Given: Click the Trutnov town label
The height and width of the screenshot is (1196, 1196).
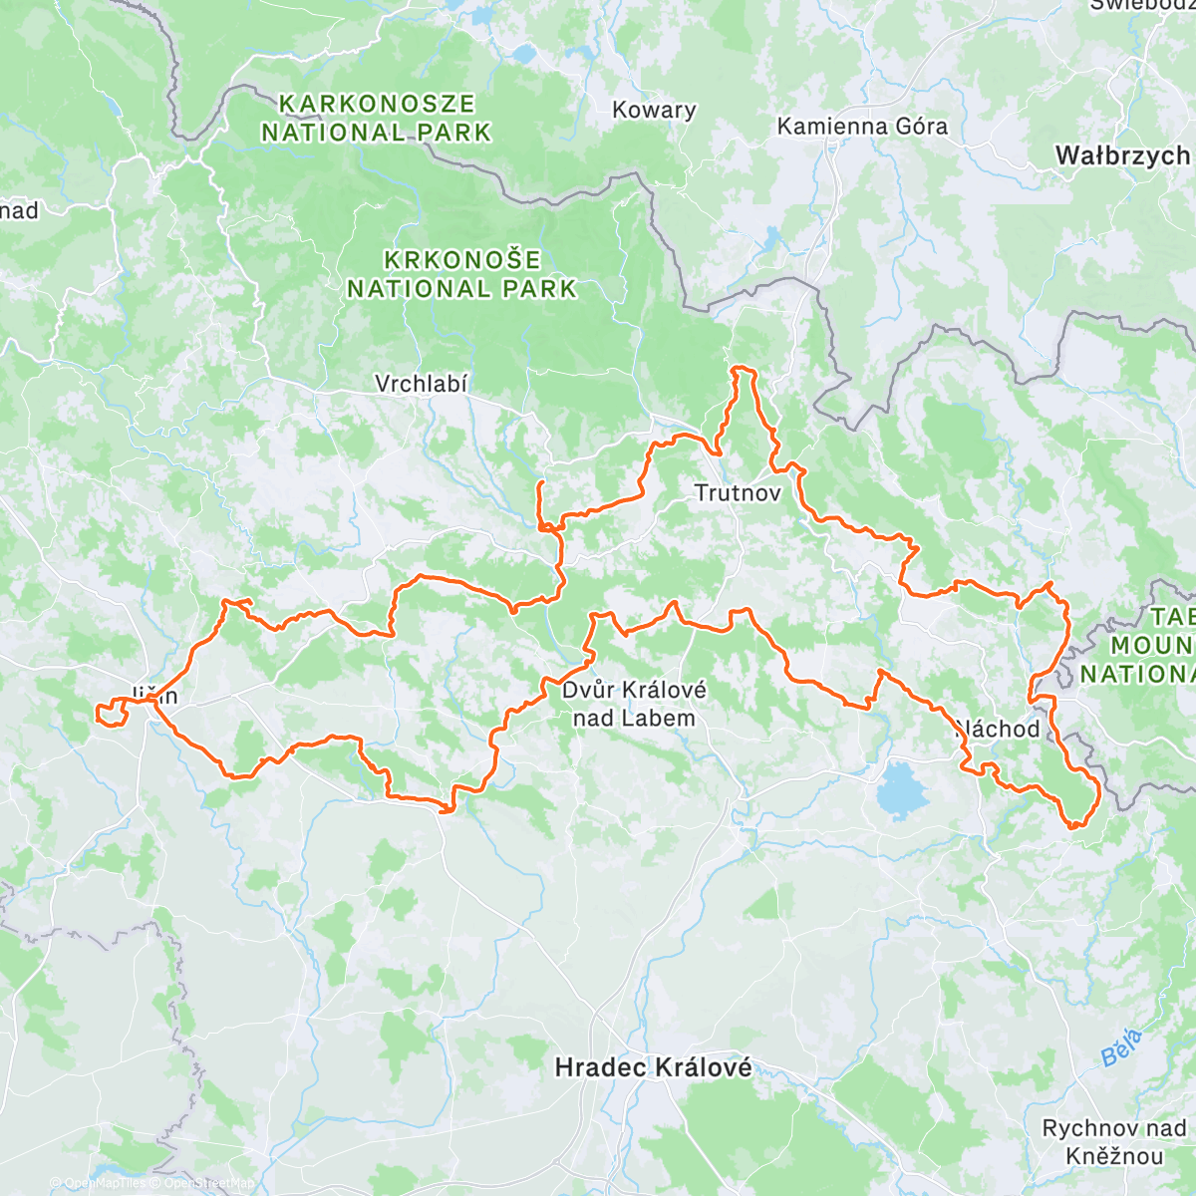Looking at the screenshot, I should (737, 492).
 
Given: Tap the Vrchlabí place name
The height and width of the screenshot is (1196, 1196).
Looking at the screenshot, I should (421, 384).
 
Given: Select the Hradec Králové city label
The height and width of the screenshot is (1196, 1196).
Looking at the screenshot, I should (653, 1067).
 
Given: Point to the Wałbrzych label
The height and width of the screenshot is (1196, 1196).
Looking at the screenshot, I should (1122, 155).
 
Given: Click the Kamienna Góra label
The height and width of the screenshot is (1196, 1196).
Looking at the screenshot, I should (862, 127).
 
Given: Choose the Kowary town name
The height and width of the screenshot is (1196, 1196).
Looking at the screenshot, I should (654, 110).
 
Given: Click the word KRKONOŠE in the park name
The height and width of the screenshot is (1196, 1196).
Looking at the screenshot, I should (462, 260).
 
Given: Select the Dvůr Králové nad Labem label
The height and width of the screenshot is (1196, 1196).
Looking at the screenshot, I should (634, 704).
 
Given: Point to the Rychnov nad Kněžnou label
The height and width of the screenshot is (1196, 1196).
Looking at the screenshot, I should (1114, 1142).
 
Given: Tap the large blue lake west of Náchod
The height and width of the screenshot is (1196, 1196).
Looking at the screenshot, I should (902, 788).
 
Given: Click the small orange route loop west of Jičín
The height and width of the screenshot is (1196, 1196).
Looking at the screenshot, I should (110, 714).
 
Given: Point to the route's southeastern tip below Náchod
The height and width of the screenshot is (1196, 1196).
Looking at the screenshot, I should (1074, 824).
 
